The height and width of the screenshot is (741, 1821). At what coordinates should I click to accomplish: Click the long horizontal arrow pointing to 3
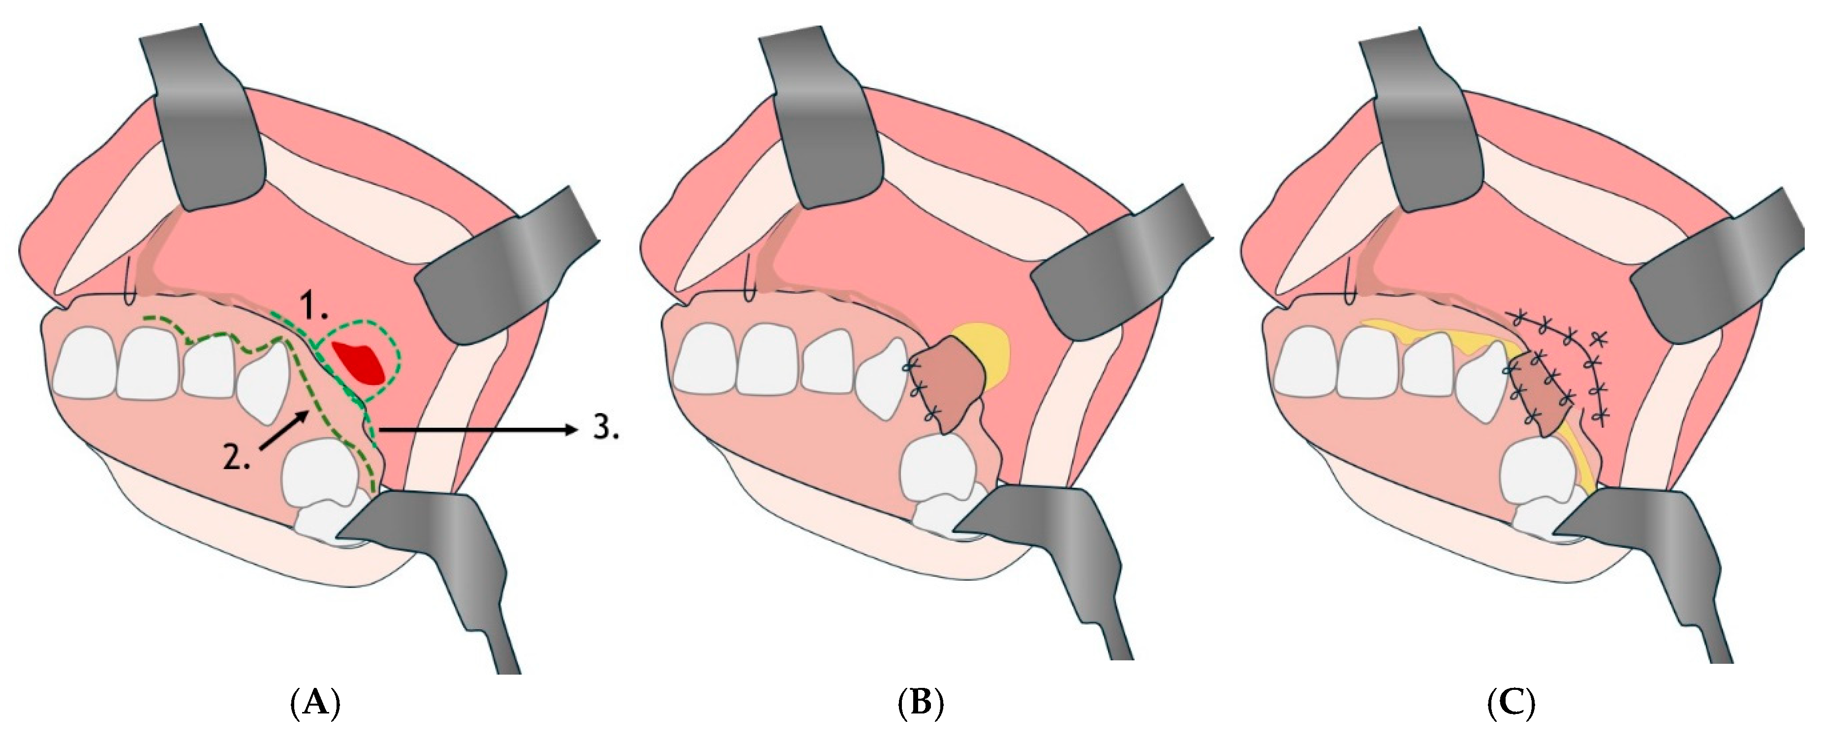478,429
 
